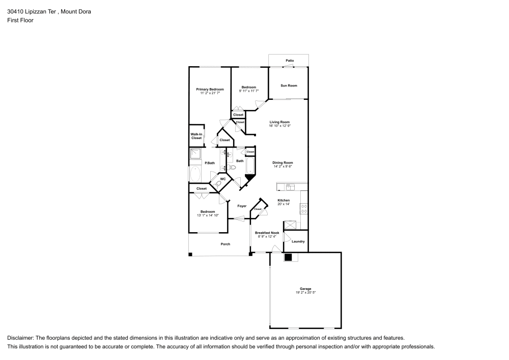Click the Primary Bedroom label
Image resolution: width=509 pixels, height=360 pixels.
210,89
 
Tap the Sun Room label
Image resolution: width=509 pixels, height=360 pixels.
289,86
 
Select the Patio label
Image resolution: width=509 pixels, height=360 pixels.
289,61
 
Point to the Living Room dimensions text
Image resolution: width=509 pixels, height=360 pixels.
279,126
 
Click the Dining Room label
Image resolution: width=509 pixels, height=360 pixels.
282,162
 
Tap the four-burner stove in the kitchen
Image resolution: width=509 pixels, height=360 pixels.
304,208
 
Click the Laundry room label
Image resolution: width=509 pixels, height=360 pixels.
298,241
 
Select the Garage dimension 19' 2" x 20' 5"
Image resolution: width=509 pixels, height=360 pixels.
305,293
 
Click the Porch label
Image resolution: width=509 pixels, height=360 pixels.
225,244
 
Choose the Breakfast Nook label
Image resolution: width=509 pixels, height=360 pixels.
267,233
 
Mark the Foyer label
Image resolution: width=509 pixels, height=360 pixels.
242,206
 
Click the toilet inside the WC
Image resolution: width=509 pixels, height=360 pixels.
219,184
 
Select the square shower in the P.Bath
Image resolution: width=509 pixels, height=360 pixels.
195,154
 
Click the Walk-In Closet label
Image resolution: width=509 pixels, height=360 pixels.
196,136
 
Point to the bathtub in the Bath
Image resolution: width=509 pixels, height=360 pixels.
250,165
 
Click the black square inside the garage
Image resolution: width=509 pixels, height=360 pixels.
288,257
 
